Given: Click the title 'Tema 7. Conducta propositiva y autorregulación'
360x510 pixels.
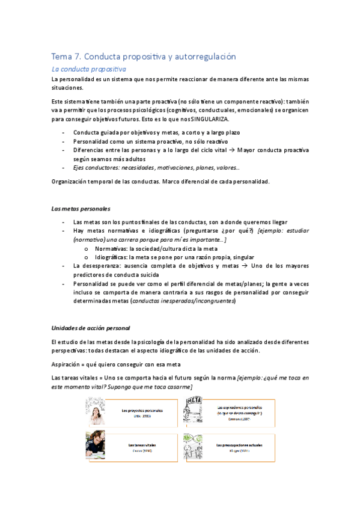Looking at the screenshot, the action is pyautogui.click(x=144, y=57).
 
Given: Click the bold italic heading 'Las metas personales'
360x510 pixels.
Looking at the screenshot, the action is pyautogui.click(x=81, y=209).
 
